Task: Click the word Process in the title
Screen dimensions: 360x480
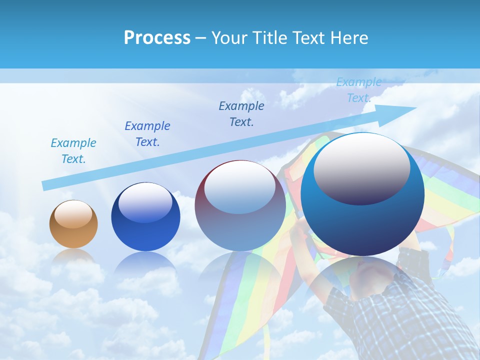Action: click(x=157, y=38)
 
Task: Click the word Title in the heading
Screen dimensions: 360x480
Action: click(x=270, y=38)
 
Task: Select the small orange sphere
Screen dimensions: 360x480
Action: click(x=73, y=224)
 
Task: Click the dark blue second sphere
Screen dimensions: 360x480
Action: click(x=145, y=217)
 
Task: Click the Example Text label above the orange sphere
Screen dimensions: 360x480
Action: click(x=73, y=151)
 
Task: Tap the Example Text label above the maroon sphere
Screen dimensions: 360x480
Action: click(x=241, y=114)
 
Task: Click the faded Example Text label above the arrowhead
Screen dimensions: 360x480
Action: click(x=359, y=90)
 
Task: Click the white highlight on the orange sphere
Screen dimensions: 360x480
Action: click(x=73, y=215)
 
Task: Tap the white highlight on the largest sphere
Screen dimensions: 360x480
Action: click(x=361, y=170)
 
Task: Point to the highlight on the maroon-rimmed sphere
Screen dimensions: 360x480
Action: click(x=240, y=188)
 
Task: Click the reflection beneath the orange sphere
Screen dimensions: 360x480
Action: click(x=73, y=257)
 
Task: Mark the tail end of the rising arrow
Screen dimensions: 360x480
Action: click(x=46, y=185)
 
